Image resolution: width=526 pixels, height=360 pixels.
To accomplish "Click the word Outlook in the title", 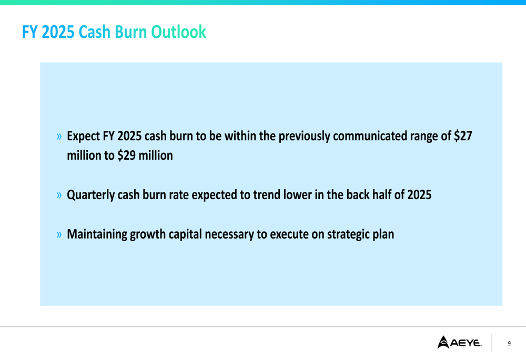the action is tap(178, 32).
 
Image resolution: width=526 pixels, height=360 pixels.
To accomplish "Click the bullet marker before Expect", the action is tap(59, 137).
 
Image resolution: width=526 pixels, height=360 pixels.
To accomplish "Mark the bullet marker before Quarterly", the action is tap(59, 196).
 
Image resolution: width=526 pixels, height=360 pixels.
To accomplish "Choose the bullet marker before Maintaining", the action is tap(59, 234).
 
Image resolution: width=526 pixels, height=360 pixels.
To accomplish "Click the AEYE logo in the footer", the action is tap(459, 343).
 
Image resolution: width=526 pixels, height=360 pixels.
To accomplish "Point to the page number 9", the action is tap(509, 343).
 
